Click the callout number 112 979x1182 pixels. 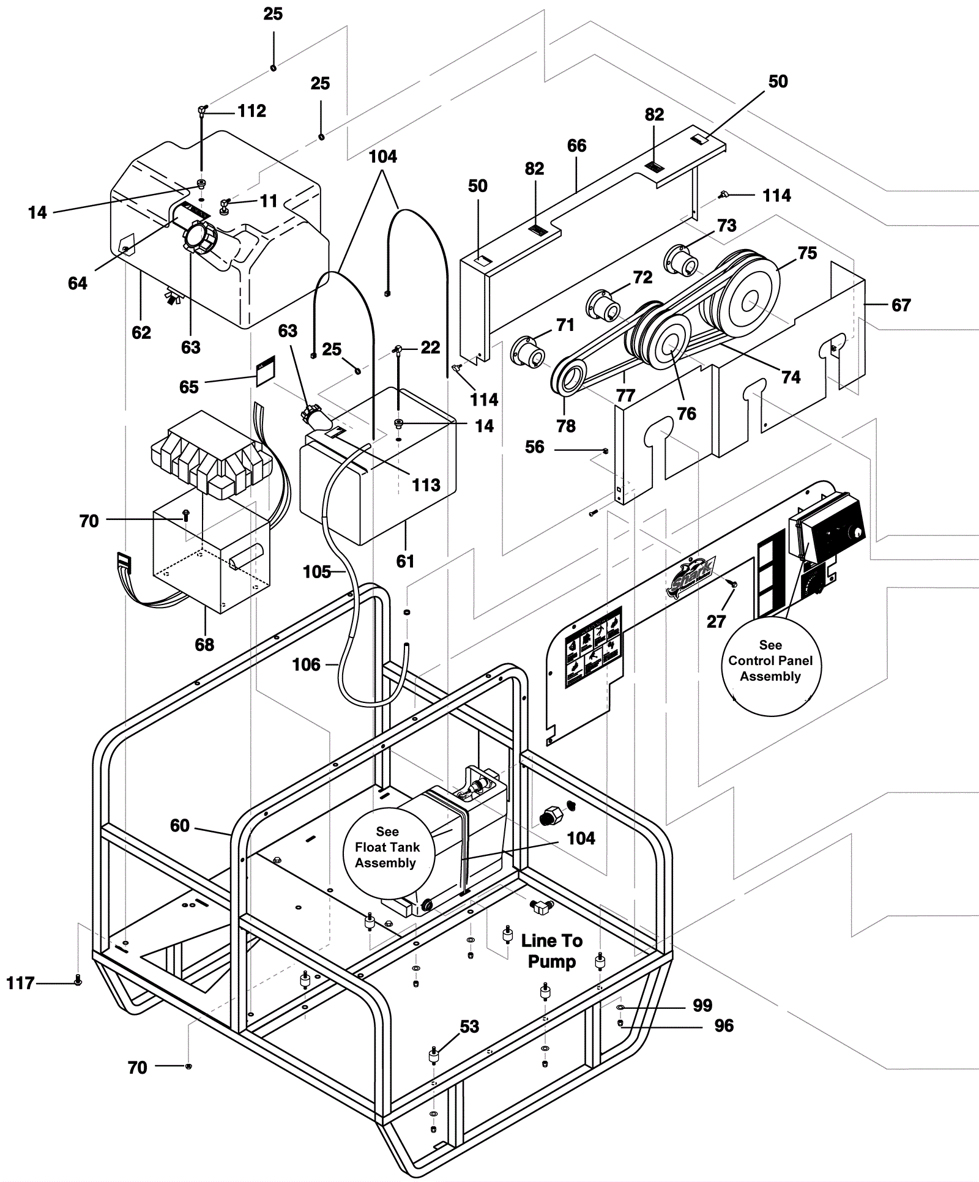click(x=251, y=111)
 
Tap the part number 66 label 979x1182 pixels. click(x=576, y=146)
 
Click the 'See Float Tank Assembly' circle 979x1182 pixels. click(x=387, y=847)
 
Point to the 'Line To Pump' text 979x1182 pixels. click(x=551, y=951)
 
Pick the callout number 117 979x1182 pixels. click(x=20, y=983)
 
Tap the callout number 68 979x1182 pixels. click(x=204, y=644)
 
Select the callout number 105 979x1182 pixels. click(x=317, y=571)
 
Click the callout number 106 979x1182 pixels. click(x=306, y=664)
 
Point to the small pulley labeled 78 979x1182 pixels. click(x=569, y=382)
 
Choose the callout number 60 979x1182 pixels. click(x=179, y=825)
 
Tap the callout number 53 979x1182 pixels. click(x=469, y=1027)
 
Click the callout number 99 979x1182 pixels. click(x=702, y=1005)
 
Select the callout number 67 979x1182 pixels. click(x=901, y=305)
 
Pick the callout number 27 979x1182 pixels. click(x=716, y=622)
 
